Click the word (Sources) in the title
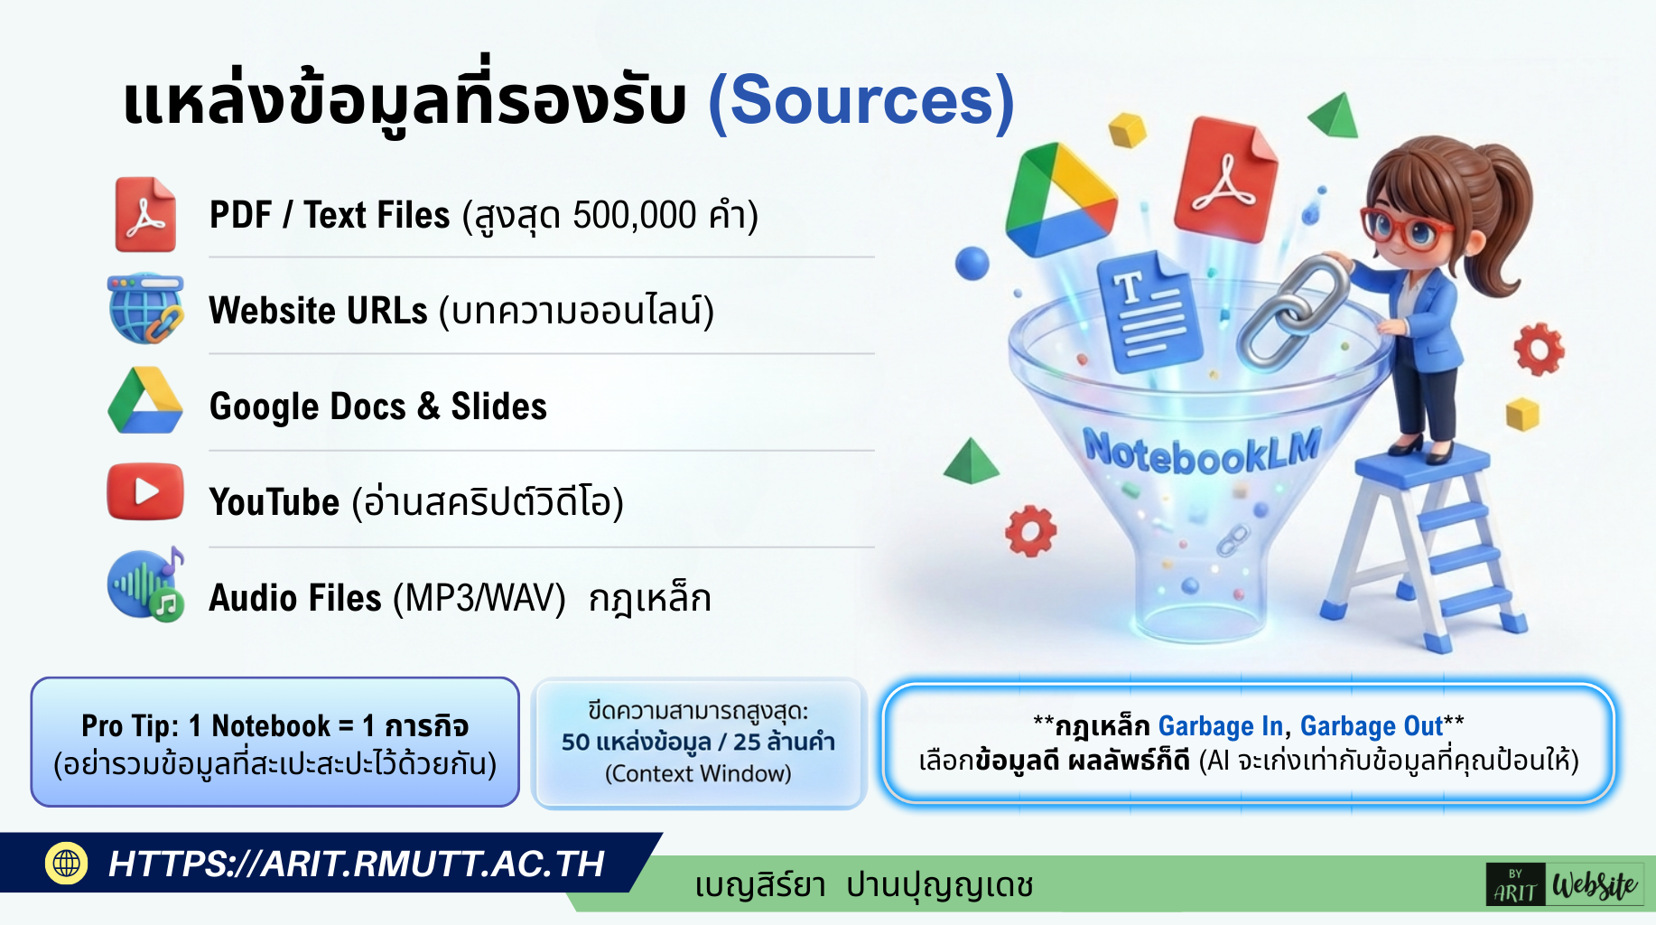861,101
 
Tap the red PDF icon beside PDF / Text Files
144,214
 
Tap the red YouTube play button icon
144,492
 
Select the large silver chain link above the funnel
1291,312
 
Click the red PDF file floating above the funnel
1225,178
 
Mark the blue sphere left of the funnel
972,263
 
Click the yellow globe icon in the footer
66,863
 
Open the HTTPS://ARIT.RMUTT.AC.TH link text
356,864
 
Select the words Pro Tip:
130,725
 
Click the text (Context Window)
698,773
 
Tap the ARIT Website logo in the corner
1564,884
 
